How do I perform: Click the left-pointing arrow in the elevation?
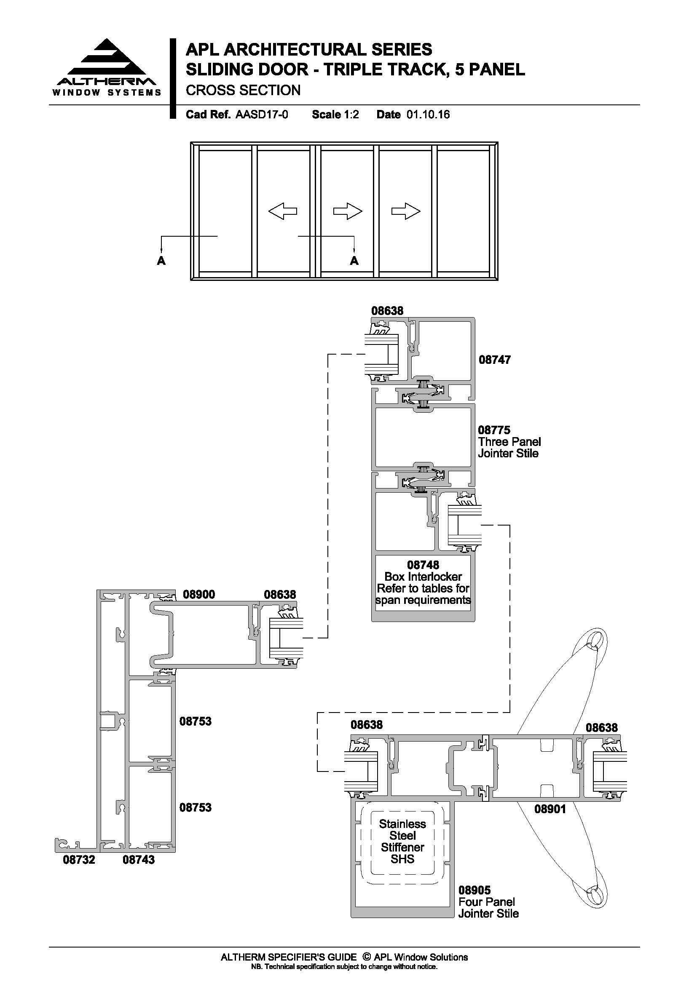coord(282,211)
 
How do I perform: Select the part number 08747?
coord(495,360)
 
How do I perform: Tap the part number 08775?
coord(494,430)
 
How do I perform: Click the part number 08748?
coord(423,565)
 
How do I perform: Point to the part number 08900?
coord(199,594)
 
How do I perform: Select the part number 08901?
coord(550,809)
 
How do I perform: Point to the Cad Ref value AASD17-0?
coord(262,115)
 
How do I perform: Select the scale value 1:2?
coord(351,115)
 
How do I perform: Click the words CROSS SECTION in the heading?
coord(243,90)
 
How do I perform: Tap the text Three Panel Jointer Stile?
coord(509,448)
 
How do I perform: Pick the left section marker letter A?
coord(161,260)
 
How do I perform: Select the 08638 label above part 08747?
coord(388,311)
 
